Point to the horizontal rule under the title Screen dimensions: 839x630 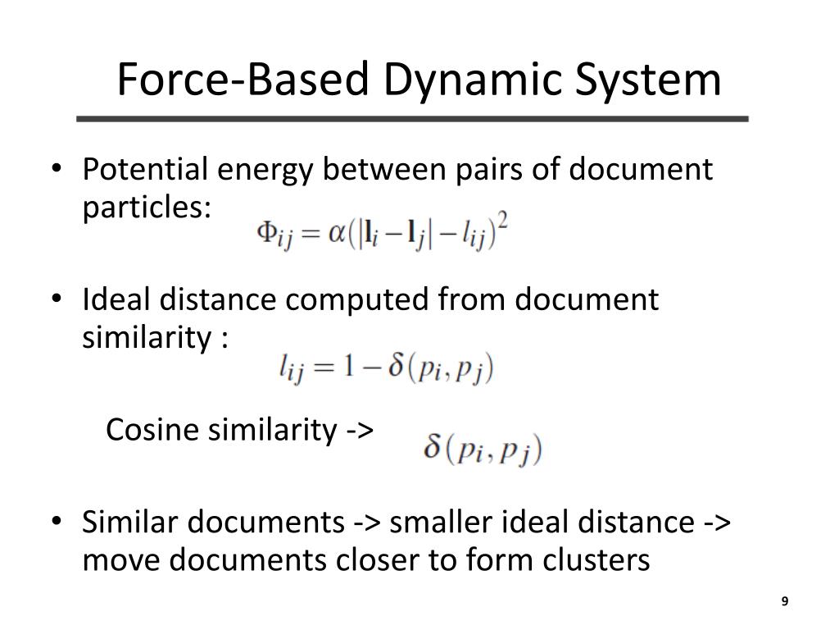412,119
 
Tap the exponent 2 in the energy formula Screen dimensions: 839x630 502,223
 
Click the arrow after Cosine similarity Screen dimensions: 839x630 361,430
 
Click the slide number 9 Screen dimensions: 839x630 784,602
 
